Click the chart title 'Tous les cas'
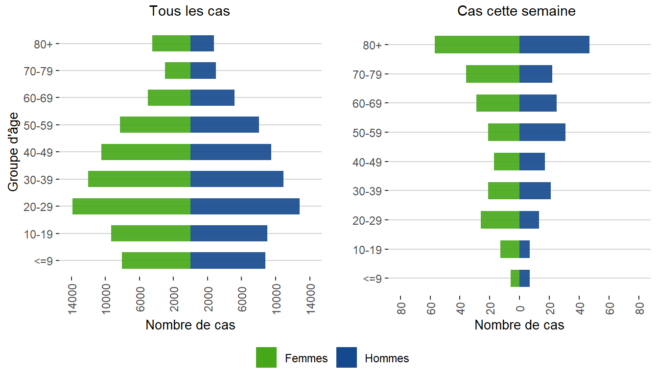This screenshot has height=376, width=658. point(189,11)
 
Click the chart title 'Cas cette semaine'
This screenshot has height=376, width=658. point(516,11)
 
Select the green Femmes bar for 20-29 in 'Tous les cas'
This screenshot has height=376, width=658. point(131,206)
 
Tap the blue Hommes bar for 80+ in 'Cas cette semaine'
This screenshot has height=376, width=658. point(554,45)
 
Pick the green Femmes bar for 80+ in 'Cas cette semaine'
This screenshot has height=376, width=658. point(477,45)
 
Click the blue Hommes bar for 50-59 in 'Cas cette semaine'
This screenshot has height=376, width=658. point(542,132)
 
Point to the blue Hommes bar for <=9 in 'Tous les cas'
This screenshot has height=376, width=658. point(228,260)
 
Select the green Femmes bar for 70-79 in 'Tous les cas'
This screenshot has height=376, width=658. point(178,70)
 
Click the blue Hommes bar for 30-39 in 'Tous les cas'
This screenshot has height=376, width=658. point(237,179)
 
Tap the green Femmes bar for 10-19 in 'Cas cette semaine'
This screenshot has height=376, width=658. point(510,249)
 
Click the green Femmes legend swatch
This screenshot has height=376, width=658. point(266,358)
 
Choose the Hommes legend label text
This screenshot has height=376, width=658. point(387,358)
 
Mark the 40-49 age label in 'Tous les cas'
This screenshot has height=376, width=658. point(41,152)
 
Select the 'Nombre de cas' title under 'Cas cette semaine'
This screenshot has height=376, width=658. point(519,325)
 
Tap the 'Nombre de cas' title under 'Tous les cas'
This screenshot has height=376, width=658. point(190,325)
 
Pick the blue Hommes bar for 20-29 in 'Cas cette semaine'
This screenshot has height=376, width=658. point(529,220)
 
